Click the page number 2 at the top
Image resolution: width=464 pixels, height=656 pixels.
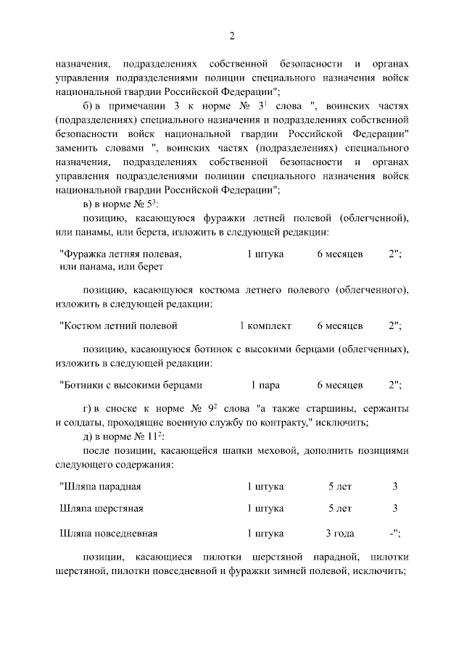[232, 37]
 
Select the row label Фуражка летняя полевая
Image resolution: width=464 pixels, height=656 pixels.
[120, 254]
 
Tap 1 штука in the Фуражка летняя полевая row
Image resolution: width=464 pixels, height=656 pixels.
[265, 254]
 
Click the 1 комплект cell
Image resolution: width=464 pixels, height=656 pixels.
[265, 325]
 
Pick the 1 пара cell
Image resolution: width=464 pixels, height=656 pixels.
[265, 385]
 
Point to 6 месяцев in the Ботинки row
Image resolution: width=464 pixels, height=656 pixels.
[340, 385]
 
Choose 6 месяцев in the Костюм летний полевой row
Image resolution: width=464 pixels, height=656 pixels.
[340, 325]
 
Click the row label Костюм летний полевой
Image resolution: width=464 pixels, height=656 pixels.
[119, 325]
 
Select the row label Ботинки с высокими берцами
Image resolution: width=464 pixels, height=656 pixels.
[130, 385]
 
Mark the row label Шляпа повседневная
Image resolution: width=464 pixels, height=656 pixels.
[109, 534]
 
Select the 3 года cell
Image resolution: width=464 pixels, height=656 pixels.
[340, 534]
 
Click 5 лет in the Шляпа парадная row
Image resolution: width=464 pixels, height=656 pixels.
[340, 486]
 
